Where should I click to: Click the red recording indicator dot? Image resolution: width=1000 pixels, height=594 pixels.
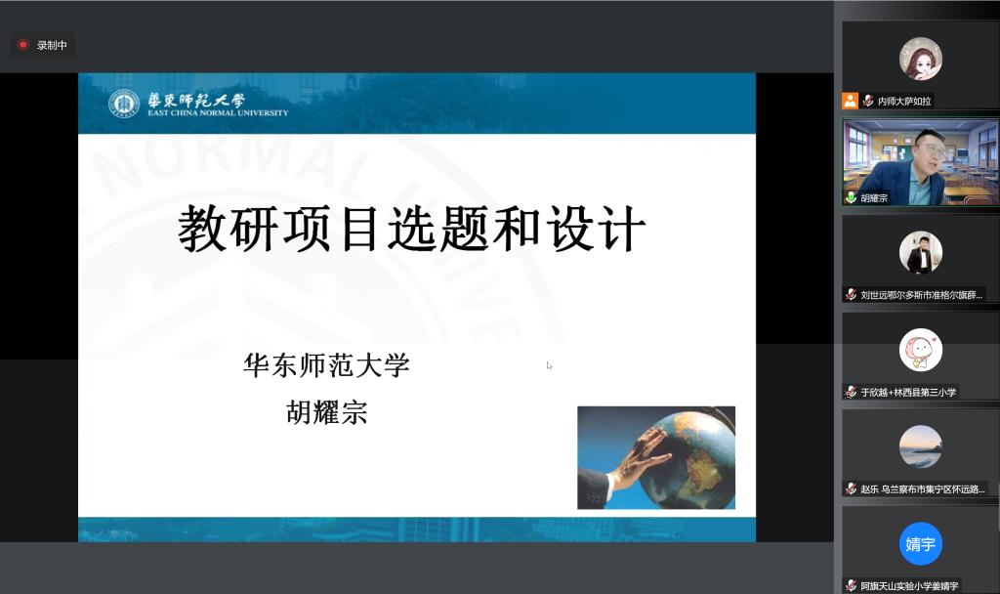click(23, 45)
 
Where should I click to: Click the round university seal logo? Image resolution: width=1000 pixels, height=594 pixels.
click(124, 104)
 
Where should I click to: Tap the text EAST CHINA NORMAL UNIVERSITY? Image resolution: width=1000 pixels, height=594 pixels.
click(218, 113)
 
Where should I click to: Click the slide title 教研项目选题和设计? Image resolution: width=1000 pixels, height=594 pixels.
click(411, 229)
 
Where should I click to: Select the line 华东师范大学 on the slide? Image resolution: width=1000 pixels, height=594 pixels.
click(326, 365)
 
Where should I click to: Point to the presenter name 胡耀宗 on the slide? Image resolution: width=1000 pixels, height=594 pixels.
click(326, 412)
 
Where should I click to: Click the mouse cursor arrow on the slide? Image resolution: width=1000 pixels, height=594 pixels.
click(549, 365)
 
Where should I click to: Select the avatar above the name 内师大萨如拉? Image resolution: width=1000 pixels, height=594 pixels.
click(920, 59)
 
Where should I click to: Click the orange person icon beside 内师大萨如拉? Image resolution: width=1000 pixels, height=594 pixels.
click(851, 101)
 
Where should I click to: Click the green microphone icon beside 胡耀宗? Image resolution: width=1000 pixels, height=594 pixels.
click(851, 197)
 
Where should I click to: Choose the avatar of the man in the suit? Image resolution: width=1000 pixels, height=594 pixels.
click(920, 253)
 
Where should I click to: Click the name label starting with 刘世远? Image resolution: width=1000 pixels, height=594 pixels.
click(921, 295)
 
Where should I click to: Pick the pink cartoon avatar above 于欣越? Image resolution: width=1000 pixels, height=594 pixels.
click(920, 350)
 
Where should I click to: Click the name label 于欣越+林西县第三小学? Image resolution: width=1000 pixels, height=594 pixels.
click(908, 393)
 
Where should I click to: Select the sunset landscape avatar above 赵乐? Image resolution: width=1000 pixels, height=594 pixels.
click(920, 446)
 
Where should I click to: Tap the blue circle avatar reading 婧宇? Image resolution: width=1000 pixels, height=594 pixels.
click(920, 543)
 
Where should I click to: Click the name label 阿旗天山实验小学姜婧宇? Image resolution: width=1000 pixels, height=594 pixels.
click(909, 586)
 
